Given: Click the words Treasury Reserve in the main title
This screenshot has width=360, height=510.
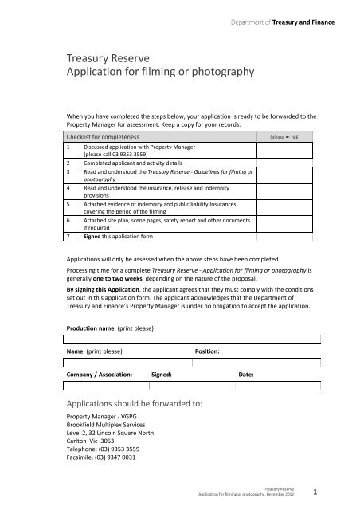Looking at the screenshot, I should (105, 58).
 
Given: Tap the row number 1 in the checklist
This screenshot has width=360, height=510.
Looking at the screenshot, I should (70, 148).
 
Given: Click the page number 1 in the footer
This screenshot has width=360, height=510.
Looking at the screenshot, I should (316, 492).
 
